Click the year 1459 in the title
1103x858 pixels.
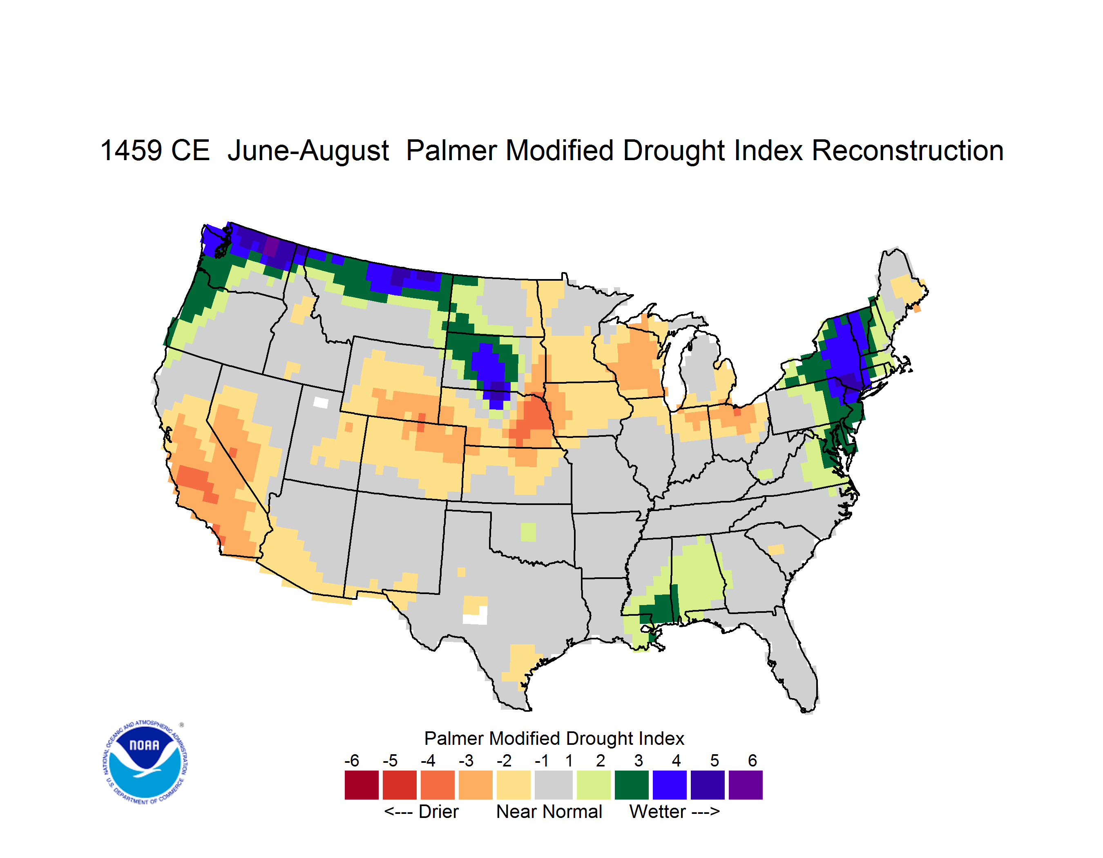coord(131,150)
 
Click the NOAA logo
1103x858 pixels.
coord(145,762)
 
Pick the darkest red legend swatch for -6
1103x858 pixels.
coord(361,784)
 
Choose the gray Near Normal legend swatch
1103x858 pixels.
coord(553,784)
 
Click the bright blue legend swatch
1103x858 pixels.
coord(669,784)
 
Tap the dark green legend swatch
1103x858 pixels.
coord(631,784)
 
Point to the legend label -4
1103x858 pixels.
coord(428,760)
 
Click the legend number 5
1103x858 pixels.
coord(714,760)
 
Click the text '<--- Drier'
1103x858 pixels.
coord(421,811)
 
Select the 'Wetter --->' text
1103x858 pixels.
coord(674,811)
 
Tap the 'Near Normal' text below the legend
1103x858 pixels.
coord(549,811)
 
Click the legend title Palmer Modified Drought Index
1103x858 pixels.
coord(554,738)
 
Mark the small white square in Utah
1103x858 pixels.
coord(321,402)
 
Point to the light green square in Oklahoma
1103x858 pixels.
coord(528,532)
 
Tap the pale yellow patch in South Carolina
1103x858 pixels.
coord(776,550)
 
